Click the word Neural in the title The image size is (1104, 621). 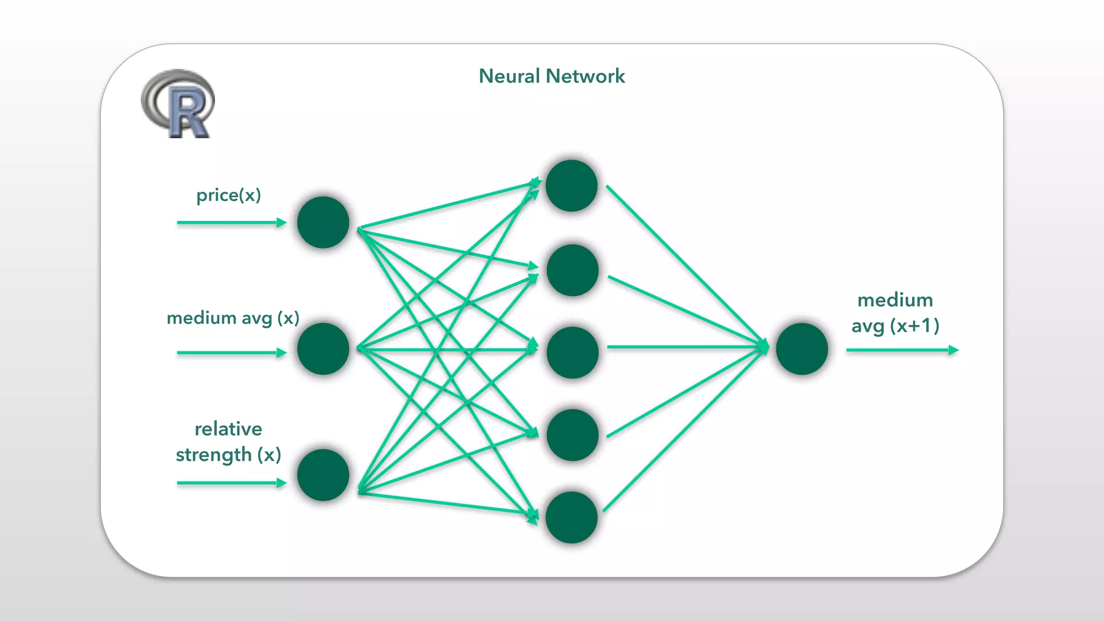pyautogui.click(x=509, y=76)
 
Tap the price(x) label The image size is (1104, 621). pyautogui.click(x=229, y=195)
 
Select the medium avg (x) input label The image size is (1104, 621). pyautogui.click(x=233, y=318)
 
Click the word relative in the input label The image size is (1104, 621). pyautogui.click(x=229, y=429)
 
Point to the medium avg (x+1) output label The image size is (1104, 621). pyautogui.click(x=895, y=313)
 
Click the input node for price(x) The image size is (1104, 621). pyautogui.click(x=323, y=222)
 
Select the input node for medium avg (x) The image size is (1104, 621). pyautogui.click(x=323, y=349)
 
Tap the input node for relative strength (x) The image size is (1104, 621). pyautogui.click(x=323, y=475)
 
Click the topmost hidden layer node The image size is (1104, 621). pyautogui.click(x=571, y=185)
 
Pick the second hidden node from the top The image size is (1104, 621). pyautogui.click(x=572, y=270)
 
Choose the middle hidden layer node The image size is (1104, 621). pyautogui.click(x=572, y=353)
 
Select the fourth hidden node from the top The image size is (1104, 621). pyautogui.click(x=572, y=435)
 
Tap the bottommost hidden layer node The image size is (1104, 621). pyautogui.click(x=571, y=517)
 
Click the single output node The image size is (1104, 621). pyautogui.click(x=802, y=349)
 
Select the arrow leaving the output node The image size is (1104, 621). pyautogui.click(x=901, y=350)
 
